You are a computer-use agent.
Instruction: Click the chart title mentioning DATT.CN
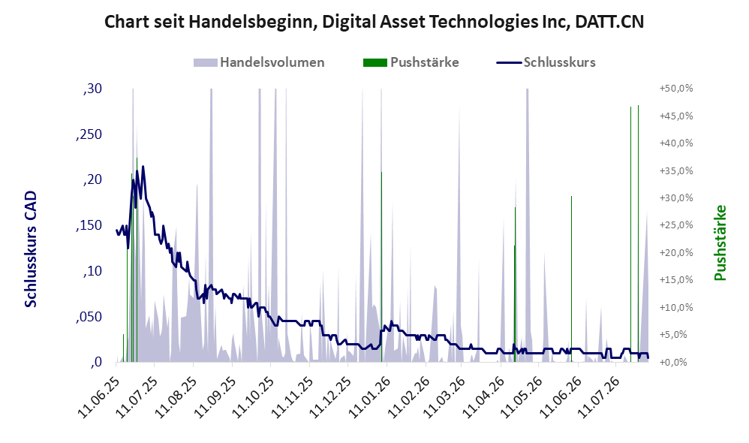[374, 22]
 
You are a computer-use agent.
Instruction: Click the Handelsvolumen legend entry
[259, 62]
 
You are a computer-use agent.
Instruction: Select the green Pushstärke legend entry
[411, 62]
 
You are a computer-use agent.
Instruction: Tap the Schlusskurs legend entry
[546, 62]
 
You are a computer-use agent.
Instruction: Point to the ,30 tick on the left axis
[92, 89]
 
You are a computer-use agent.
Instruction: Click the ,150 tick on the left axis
[89, 225]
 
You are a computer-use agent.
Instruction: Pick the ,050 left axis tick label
[89, 317]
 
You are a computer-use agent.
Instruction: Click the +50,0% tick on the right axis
[676, 89]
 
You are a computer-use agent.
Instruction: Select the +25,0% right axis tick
[676, 225]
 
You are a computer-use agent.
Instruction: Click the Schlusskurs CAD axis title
[31, 249]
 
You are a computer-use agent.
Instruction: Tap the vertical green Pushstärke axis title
[720, 243]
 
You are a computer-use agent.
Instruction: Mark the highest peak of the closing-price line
[143, 167]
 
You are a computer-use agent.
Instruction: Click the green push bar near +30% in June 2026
[571, 279]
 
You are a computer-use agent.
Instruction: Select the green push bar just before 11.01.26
[381, 267]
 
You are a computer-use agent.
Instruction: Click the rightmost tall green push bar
[638, 234]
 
